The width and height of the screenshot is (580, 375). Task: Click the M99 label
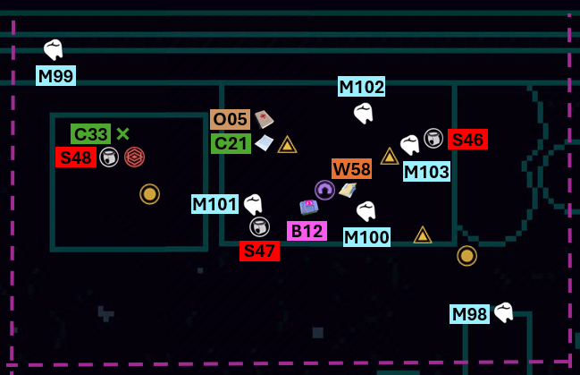pyautogui.click(x=55, y=76)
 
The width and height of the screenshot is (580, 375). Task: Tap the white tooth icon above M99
pyautogui.click(x=54, y=49)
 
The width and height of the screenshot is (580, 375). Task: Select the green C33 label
pyautogui.click(x=90, y=133)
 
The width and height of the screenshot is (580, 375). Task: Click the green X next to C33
pyautogui.click(x=122, y=133)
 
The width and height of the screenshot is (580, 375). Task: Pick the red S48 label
pyautogui.click(x=76, y=158)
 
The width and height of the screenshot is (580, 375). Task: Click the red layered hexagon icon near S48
pyautogui.click(x=134, y=158)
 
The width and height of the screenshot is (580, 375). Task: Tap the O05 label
pyautogui.click(x=230, y=119)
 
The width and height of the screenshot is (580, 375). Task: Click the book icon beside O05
pyautogui.click(x=265, y=119)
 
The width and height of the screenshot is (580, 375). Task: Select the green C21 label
pyautogui.click(x=231, y=143)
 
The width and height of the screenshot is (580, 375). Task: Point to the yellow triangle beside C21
pyautogui.click(x=288, y=145)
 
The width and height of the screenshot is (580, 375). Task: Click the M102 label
pyautogui.click(x=361, y=87)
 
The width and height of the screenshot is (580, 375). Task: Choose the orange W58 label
pyautogui.click(x=352, y=169)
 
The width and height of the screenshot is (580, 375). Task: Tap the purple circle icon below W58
pyautogui.click(x=324, y=190)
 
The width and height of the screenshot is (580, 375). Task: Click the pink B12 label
pyautogui.click(x=307, y=231)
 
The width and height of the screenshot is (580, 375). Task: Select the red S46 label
pyautogui.click(x=468, y=140)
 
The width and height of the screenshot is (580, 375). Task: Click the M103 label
pyautogui.click(x=427, y=172)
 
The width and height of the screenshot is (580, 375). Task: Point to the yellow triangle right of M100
pyautogui.click(x=423, y=234)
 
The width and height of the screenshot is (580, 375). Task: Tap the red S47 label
pyautogui.click(x=260, y=251)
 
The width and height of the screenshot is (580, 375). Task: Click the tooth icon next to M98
pyautogui.click(x=504, y=312)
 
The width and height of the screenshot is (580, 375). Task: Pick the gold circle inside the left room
pyautogui.click(x=150, y=194)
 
